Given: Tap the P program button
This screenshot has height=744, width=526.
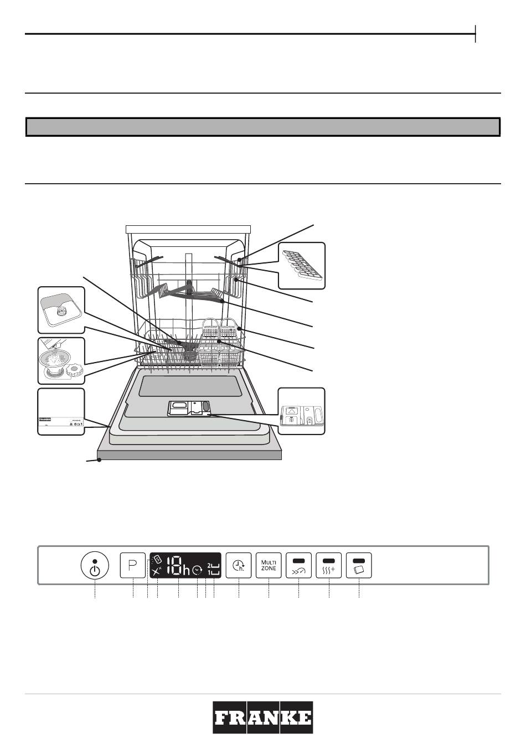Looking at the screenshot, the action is coord(133,565).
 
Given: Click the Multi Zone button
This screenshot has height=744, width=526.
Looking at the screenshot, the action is coord(269,565).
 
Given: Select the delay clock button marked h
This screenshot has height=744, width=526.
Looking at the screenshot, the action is coord(239,565).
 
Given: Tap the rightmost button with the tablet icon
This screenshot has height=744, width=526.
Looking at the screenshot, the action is coord(359,565).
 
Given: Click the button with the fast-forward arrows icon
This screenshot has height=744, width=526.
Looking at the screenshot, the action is coord(298,565).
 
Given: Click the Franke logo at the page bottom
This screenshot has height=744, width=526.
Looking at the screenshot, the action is coord(263,717).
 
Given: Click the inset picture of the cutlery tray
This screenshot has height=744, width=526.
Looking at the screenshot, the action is coord(301,265).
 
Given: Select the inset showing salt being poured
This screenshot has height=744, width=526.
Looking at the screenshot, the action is coord(61,360).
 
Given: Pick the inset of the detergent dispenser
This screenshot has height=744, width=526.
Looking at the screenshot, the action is coord(301,411).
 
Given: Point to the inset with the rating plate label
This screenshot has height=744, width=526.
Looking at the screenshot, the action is coord(61,412).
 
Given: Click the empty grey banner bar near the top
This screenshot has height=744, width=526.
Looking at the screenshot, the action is coord(263,127).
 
